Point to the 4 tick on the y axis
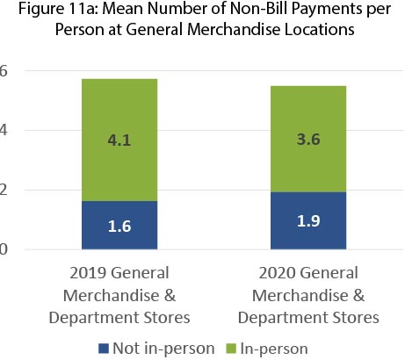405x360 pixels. (x=4, y=130)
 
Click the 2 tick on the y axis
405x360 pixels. (x=4, y=190)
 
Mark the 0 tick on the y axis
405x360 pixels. (x=4, y=249)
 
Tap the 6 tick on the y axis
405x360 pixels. (x=4, y=70)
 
